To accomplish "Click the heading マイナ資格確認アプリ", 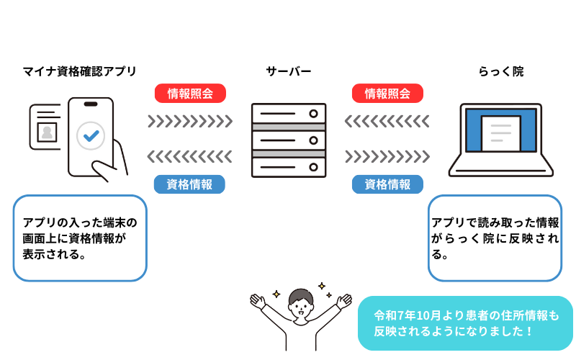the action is pyautogui.click(x=80, y=71).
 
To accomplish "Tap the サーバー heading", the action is pyautogui.click(x=289, y=71).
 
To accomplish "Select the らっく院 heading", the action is pyautogui.click(x=501, y=71).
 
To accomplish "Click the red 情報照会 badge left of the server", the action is pyautogui.click(x=190, y=94).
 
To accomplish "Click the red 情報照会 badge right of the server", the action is pyautogui.click(x=387, y=94).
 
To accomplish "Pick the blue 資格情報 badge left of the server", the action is pyautogui.click(x=189, y=184).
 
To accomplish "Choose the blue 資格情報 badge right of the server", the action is pyautogui.click(x=387, y=184).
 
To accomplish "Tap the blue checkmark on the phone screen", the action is pyautogui.click(x=91, y=136).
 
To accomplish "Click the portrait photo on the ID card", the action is pyautogui.click(x=47, y=132).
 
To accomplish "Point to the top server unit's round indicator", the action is pyautogui.click(x=313, y=114).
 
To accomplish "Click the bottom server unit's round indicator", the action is pyautogui.click(x=313, y=168).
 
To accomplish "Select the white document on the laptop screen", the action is pyautogui.click(x=500, y=134).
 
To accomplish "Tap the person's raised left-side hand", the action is pyautogui.click(x=258, y=301).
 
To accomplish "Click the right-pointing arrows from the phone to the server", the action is pyautogui.click(x=190, y=121).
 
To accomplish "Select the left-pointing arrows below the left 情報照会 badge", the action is pyautogui.click(x=189, y=157).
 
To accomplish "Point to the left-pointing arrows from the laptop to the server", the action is pyautogui.click(x=387, y=121).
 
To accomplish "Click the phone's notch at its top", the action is pyautogui.click(x=91, y=104).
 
